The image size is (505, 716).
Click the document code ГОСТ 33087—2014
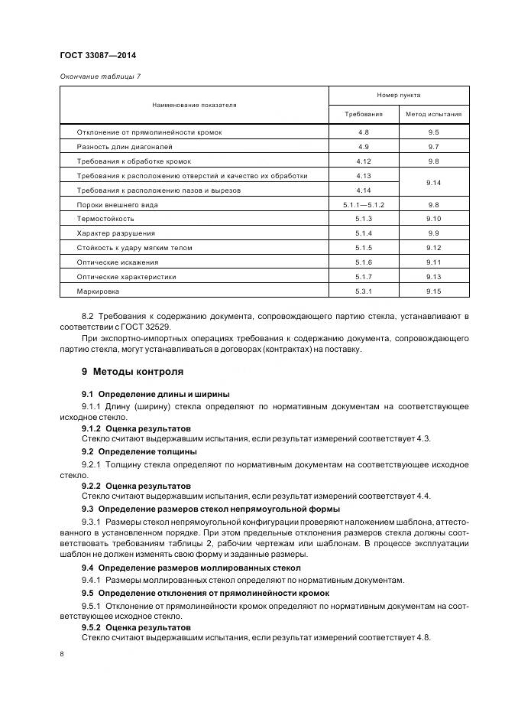coord(92,56)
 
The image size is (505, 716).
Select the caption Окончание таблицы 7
coord(99,76)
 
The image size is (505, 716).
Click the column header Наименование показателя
coord(194,105)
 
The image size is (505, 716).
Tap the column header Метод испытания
coord(433,115)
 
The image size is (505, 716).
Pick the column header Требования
coord(363,115)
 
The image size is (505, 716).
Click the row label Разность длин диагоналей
coord(125,146)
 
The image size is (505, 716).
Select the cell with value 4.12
coord(363,161)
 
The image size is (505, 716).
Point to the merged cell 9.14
coord(433,183)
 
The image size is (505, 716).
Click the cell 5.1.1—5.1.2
coord(363,205)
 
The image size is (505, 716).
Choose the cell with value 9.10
coord(433,219)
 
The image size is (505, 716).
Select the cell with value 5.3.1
coord(363,291)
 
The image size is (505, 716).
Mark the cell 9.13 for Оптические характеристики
coord(433,277)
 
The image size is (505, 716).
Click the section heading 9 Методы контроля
coord(132,372)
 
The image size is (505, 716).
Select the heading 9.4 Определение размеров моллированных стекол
coord(191,568)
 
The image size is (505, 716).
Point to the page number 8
coord(62,655)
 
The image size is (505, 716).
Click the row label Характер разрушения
coord(115,233)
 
